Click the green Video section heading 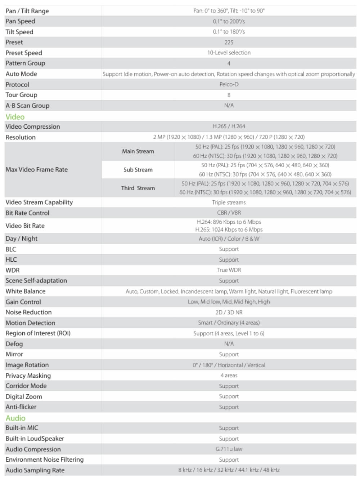(15, 117)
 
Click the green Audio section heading (15, 418)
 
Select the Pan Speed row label (20, 21)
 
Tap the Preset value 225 (229, 42)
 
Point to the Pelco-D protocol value (229, 84)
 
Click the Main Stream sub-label (138, 151)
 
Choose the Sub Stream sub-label (138, 170)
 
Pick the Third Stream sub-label (138, 188)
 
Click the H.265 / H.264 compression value (229, 126)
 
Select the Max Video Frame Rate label (36, 169)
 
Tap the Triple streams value (229, 203)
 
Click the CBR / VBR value (229, 213)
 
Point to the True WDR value (229, 270)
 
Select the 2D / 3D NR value (229, 312)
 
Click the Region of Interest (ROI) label (38, 333)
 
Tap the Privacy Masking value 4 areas (229, 375)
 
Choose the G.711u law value (229, 449)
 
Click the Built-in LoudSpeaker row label (35, 439)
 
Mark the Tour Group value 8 (229, 95)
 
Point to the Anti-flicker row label (21, 407)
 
